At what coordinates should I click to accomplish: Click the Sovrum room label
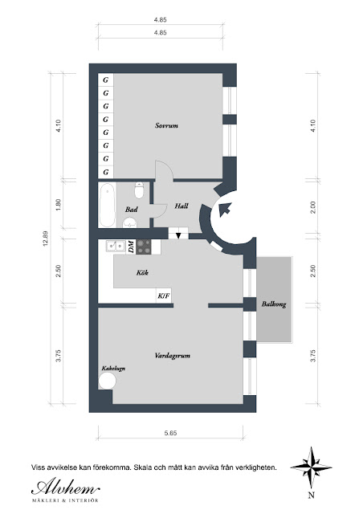(166, 125)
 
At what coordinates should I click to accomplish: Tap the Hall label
(181, 206)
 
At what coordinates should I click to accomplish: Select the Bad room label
(131, 209)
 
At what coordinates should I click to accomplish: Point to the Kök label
(142, 272)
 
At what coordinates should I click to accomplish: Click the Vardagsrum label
(172, 356)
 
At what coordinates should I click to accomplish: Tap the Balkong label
(274, 304)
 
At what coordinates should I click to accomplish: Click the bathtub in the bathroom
(107, 205)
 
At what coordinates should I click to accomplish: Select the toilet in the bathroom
(139, 190)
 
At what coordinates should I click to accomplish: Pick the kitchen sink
(115, 246)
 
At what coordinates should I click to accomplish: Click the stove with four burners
(144, 247)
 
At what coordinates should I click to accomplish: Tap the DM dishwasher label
(131, 247)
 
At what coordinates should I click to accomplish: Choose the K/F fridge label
(164, 296)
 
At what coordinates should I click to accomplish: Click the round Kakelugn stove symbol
(108, 381)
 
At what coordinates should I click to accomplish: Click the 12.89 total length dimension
(46, 239)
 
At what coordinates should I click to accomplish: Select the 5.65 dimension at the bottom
(170, 433)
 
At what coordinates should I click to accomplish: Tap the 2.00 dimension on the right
(312, 207)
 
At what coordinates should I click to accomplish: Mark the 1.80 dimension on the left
(59, 205)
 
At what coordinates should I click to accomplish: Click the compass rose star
(311, 467)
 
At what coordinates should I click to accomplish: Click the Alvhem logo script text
(66, 488)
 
